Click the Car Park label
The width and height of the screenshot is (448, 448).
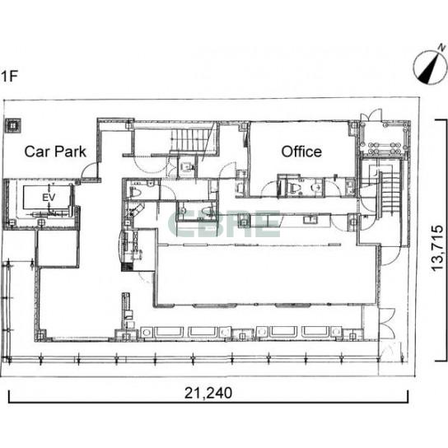point(55,152)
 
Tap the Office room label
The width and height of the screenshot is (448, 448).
point(301,152)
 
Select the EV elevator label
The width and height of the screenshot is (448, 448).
point(49,198)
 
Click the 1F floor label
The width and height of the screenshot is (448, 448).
point(9,77)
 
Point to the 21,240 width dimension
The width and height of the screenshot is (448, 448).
point(208,393)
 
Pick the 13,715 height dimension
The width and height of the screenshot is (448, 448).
point(436,248)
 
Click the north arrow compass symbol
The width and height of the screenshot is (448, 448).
point(430,68)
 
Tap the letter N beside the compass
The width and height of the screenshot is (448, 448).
point(442,47)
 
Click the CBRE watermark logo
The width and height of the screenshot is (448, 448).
point(224,224)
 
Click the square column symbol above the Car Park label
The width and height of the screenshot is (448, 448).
point(12,126)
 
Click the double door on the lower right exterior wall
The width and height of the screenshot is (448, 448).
point(387,322)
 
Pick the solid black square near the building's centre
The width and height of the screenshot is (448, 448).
point(127,267)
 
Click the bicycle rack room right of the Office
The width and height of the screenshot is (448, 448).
point(383,138)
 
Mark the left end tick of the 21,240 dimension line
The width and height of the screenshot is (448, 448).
point(9,396)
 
